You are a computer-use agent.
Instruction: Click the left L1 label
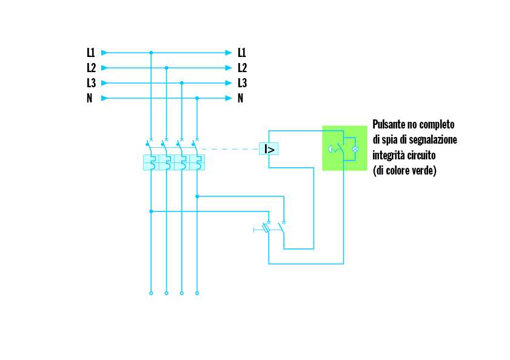pyautogui.click(x=90, y=53)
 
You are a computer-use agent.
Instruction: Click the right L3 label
pyautogui.click(x=242, y=83)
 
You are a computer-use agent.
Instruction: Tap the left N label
pyautogui.click(x=90, y=98)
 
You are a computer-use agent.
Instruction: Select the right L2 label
pyautogui.click(x=242, y=68)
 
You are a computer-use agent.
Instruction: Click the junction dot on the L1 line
pyautogui.click(x=151, y=53)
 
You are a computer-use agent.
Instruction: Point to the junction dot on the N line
pyautogui.click(x=197, y=98)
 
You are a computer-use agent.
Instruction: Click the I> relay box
pyautogui.click(x=269, y=149)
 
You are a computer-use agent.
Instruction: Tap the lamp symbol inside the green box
pyautogui.click(x=356, y=148)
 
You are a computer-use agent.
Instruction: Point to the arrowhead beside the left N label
pyautogui.click(x=105, y=98)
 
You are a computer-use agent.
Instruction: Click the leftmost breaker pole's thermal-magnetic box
pyautogui.click(x=150, y=162)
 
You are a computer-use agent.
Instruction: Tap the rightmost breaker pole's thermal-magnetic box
pyautogui.click(x=197, y=162)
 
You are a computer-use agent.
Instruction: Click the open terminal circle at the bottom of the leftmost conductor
pyautogui.click(x=151, y=293)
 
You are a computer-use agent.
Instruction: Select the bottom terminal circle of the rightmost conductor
pyautogui.click(x=197, y=293)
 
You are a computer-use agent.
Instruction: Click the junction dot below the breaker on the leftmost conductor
pyautogui.click(x=151, y=211)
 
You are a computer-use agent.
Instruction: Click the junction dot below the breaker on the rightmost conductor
pyautogui.click(x=197, y=196)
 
